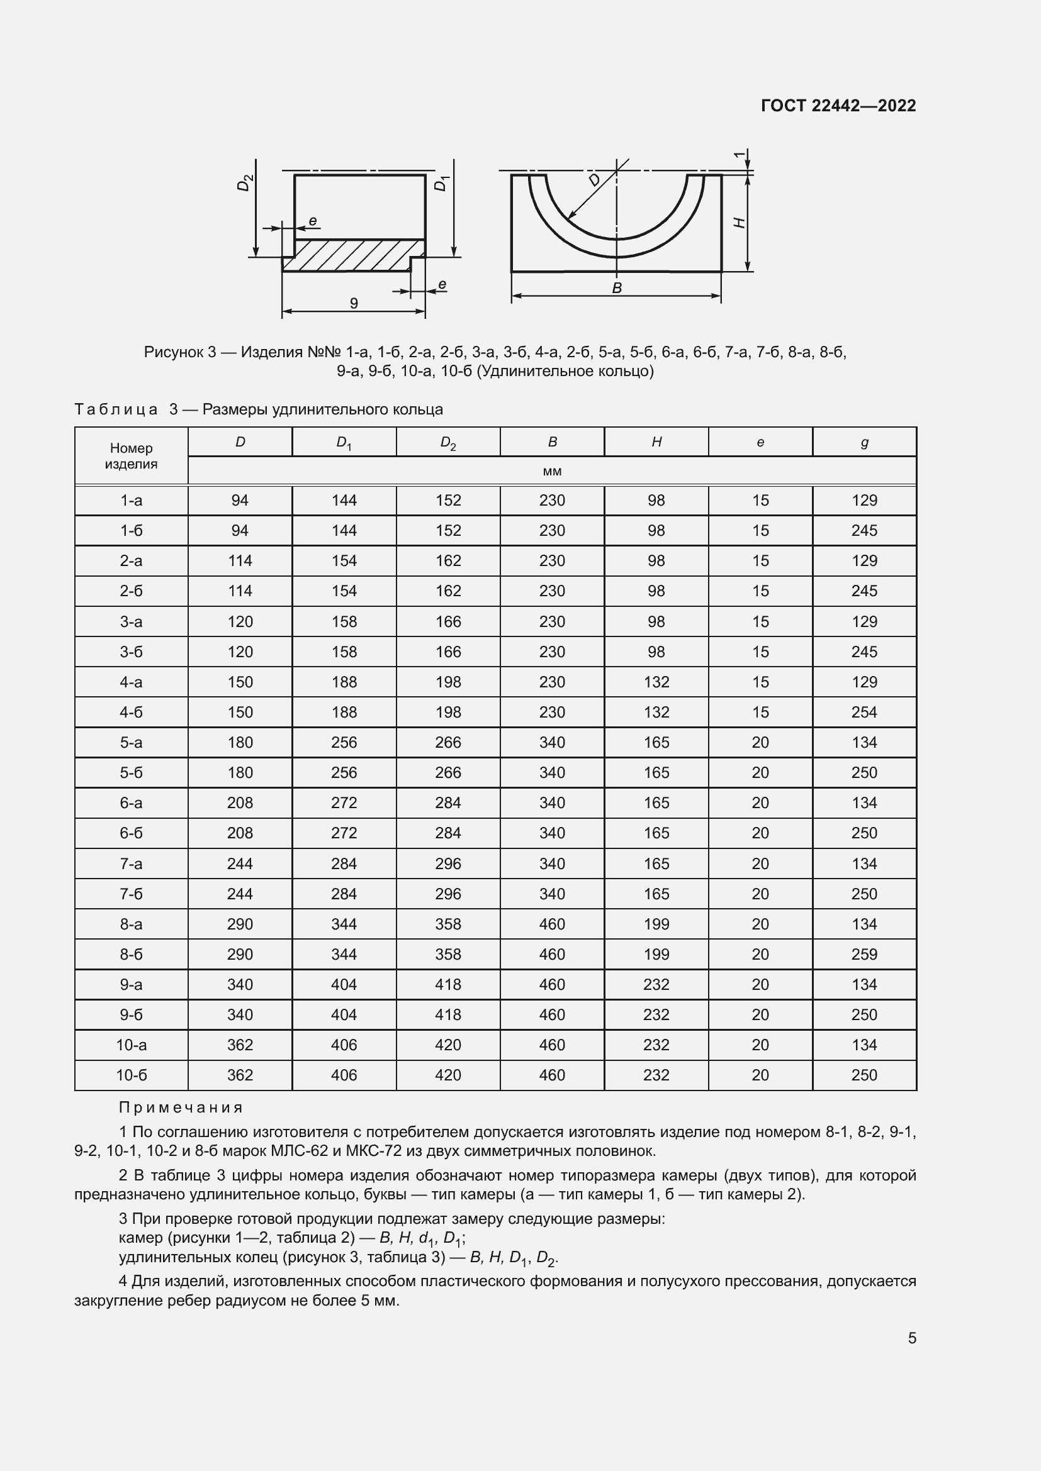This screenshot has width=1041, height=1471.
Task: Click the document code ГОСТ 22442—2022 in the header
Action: tap(838, 106)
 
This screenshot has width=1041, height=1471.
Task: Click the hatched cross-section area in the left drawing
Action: tap(352, 254)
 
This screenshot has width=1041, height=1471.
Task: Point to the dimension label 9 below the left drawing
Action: tap(353, 303)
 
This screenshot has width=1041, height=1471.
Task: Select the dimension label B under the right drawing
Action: tap(617, 288)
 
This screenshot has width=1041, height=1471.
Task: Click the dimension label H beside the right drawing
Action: tap(739, 222)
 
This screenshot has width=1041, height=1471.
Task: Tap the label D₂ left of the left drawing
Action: tap(245, 183)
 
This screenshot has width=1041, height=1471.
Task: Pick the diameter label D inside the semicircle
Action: tap(595, 179)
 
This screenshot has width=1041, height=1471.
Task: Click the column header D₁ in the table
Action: tap(344, 443)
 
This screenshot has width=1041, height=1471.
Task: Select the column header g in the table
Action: tap(864, 442)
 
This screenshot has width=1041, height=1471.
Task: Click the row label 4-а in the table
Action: tap(132, 682)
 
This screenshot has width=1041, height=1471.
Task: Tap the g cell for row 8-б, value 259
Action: tap(864, 954)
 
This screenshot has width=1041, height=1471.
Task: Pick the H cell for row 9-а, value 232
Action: tap(656, 984)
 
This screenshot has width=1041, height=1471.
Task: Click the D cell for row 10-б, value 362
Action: tap(240, 1075)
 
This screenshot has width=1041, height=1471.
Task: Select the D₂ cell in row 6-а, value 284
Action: tap(448, 802)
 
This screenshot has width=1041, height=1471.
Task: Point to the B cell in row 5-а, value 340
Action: tap(552, 743)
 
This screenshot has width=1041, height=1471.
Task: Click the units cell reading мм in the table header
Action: tap(552, 471)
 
